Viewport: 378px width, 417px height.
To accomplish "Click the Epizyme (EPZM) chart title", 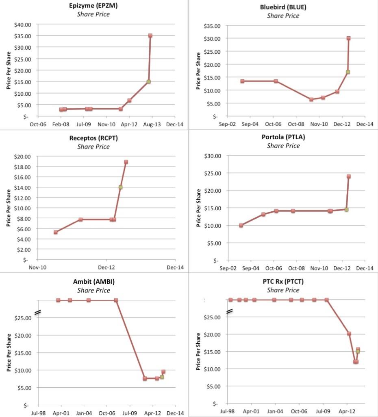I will (x=94, y=6).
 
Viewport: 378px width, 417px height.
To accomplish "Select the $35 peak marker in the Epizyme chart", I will (x=150, y=36).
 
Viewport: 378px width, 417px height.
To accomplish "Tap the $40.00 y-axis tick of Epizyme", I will (x=22, y=24).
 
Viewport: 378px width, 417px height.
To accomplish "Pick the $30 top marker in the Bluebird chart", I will (x=348, y=38).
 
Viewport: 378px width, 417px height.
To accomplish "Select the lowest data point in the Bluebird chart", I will (x=311, y=99).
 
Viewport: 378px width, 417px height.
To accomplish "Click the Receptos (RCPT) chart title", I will (x=94, y=138).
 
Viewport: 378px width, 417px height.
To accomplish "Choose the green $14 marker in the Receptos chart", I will (x=120, y=187).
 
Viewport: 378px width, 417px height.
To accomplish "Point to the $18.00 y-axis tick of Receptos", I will (x=22, y=167).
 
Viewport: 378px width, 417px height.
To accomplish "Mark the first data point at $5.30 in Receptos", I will (x=56, y=232).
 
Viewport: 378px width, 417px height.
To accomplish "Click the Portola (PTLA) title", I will (x=283, y=137).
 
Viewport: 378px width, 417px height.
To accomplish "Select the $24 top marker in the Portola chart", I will (x=348, y=177).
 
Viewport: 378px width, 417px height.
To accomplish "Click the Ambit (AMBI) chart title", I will (x=94, y=282).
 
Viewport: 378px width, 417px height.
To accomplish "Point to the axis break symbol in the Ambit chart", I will (x=38, y=312).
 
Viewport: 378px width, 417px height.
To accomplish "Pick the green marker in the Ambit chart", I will (x=162, y=377).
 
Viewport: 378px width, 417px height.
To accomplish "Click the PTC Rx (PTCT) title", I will (x=283, y=281).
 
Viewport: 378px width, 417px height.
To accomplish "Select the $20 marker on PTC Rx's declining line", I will (x=349, y=334).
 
